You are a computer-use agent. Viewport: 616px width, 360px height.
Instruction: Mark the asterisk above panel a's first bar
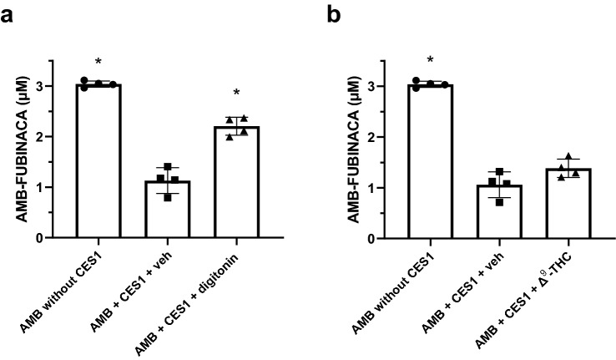point(98,63)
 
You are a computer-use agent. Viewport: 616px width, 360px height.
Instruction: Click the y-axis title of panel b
point(351,150)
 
